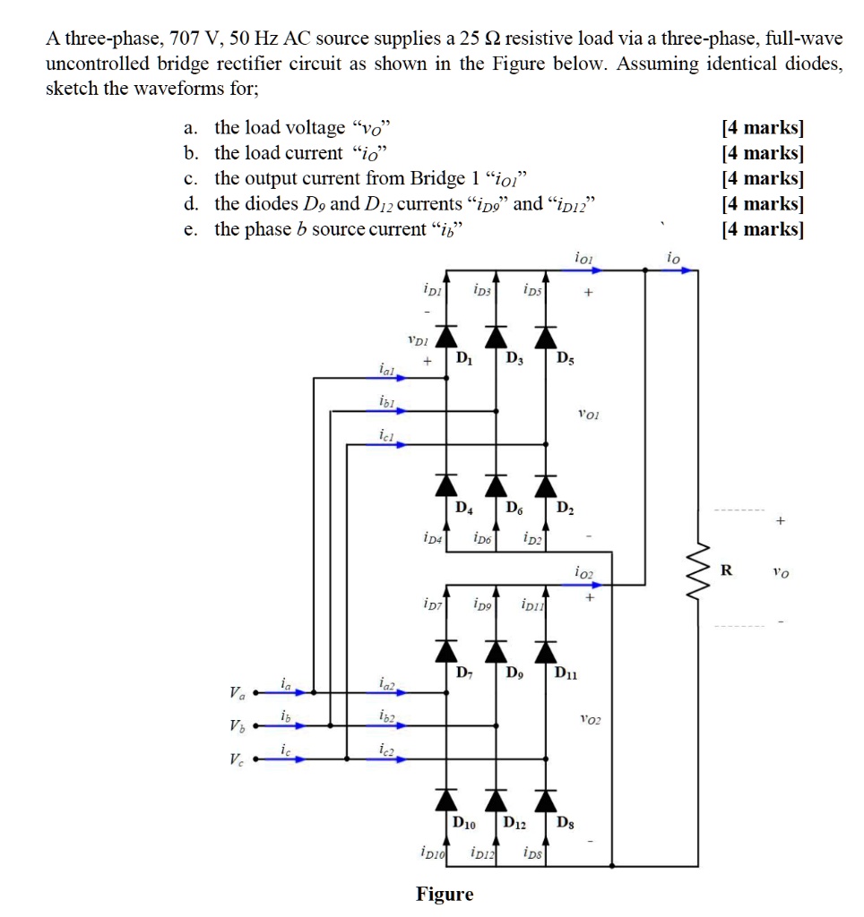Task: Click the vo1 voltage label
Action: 589,414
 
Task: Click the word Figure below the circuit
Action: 445,894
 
